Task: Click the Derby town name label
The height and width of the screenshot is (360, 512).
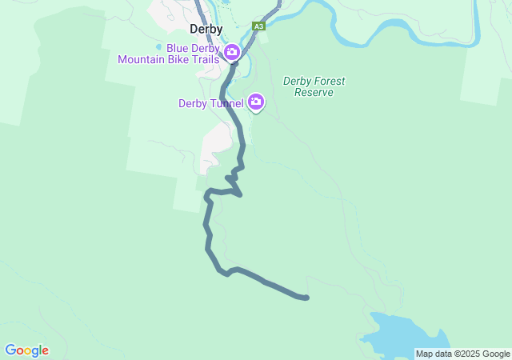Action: click(x=206, y=29)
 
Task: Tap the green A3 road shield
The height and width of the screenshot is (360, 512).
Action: click(x=258, y=26)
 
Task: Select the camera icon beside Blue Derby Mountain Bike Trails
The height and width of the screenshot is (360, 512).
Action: click(x=232, y=53)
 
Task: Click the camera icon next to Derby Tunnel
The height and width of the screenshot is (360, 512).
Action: click(x=256, y=101)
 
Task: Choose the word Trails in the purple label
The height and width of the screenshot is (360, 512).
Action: click(x=202, y=59)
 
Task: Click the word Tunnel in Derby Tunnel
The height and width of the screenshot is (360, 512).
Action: click(x=227, y=103)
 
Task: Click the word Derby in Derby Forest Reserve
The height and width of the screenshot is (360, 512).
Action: click(x=297, y=81)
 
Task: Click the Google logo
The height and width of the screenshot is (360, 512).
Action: click(x=26, y=350)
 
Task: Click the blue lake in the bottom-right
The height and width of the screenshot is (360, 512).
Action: click(x=400, y=336)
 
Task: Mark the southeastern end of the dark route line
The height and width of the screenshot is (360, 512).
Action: click(x=306, y=298)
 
